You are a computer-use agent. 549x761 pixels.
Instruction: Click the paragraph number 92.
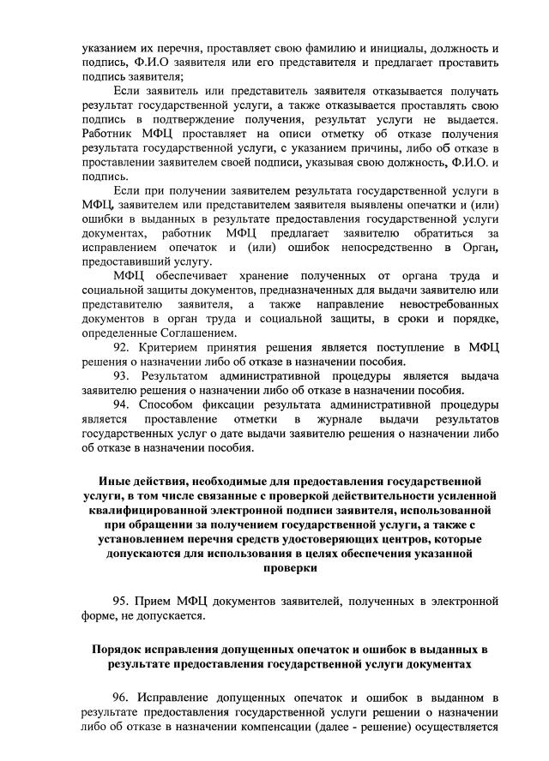click(x=124, y=347)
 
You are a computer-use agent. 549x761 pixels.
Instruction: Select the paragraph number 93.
click(x=124, y=375)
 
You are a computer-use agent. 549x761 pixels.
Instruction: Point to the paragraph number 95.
click(x=124, y=599)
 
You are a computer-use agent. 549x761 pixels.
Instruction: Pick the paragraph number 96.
click(x=124, y=697)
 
